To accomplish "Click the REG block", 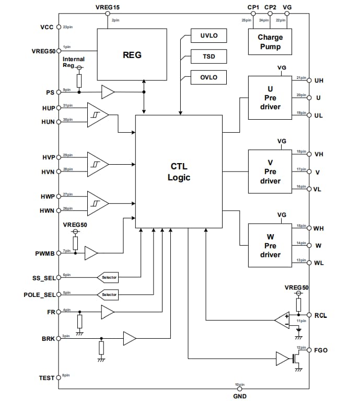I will pos(132,54).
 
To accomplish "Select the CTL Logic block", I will pos(179,172).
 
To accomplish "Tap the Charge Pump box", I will pos(270,42).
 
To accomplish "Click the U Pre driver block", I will pos(270,98).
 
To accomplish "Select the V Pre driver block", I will pos(270,172).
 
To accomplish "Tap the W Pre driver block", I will pos(270,246).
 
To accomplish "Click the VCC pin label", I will pos(47,27).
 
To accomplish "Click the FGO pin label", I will pos(321,350).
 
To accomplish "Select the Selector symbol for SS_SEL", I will pos(108,277).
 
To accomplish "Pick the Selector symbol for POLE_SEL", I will pos(108,295).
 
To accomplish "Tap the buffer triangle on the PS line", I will pos(108,92).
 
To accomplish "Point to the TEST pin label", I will pos(47,377).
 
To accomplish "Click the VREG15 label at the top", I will pos(107,7).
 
